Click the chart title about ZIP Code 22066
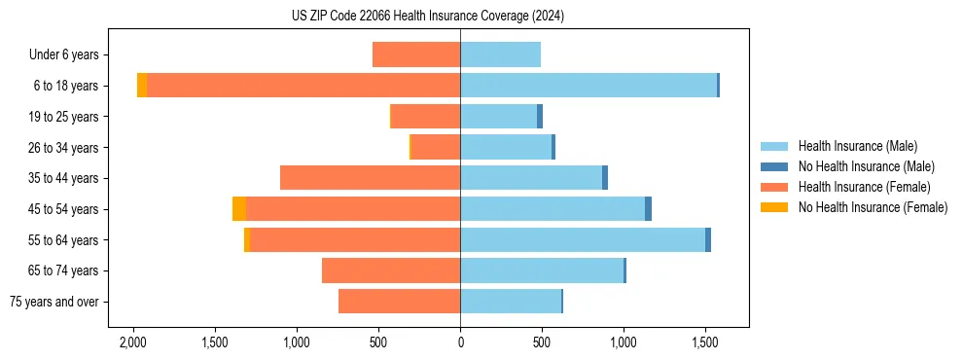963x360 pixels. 428,17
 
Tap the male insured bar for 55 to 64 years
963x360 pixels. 583,239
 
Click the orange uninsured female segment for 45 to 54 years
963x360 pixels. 239,209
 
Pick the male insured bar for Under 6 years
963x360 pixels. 500,54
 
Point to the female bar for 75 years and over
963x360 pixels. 399,302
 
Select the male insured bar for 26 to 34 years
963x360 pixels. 506,147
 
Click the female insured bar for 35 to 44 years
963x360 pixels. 370,178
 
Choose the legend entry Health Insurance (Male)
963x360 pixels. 857,146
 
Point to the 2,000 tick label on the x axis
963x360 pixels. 133,342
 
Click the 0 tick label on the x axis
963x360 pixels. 460,342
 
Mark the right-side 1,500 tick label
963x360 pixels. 705,342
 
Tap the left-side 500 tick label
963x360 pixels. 378,342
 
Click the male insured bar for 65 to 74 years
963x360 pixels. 542,270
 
